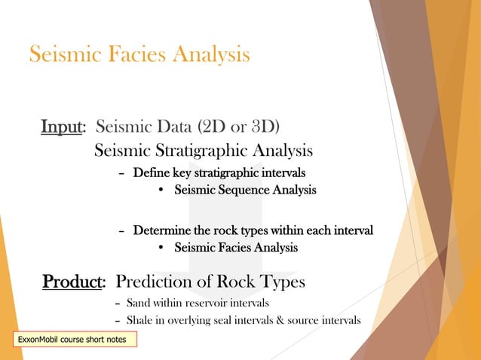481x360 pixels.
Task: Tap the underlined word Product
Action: coord(72,282)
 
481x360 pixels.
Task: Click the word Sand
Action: coord(137,303)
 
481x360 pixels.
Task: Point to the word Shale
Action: coord(139,322)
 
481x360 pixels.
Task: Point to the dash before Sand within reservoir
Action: coord(116,304)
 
